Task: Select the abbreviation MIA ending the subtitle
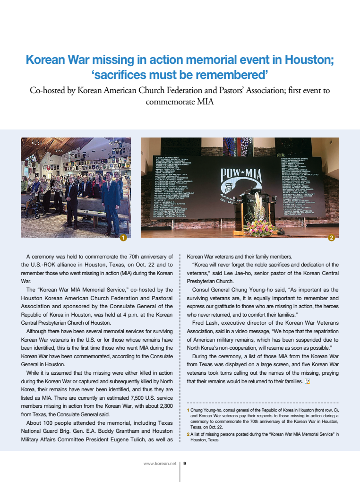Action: pyautogui.click(x=204, y=101)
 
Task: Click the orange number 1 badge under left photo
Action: pyautogui.click(x=123, y=238)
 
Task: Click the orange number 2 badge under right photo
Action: pyautogui.click(x=331, y=238)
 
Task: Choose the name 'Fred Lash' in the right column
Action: pyautogui.click(x=204, y=323)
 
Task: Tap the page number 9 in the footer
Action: pyautogui.click(x=185, y=463)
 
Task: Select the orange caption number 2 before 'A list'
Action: pyautogui.click(x=189, y=434)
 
